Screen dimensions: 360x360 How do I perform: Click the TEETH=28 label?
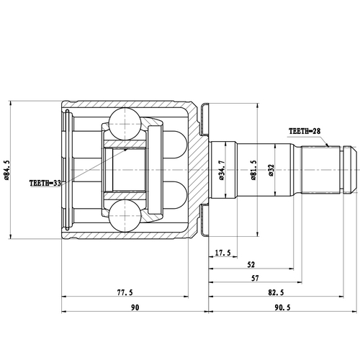tap(307, 132)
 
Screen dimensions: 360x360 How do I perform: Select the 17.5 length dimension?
tap(222, 253)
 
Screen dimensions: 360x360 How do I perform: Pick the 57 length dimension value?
tap(256, 279)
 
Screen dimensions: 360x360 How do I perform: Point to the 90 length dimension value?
tap(134, 307)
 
